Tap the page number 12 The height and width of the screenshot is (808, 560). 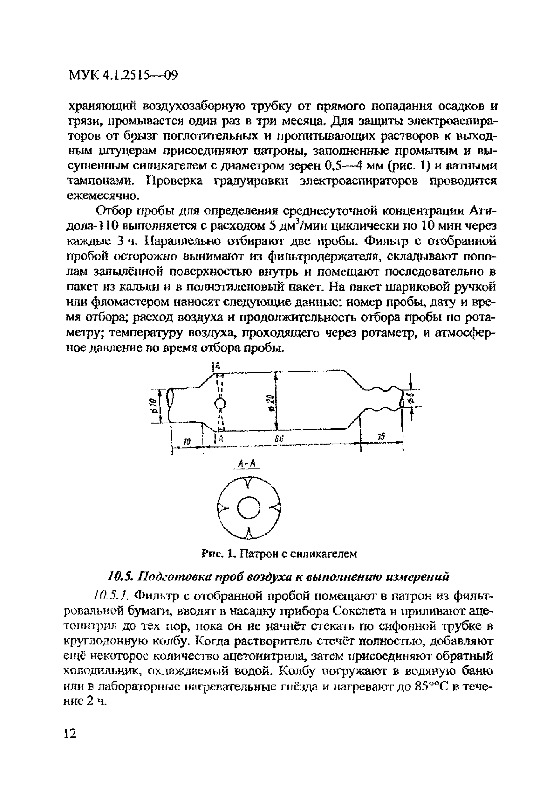70,734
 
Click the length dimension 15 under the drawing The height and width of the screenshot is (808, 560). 381,437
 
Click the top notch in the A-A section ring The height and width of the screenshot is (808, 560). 249,484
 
